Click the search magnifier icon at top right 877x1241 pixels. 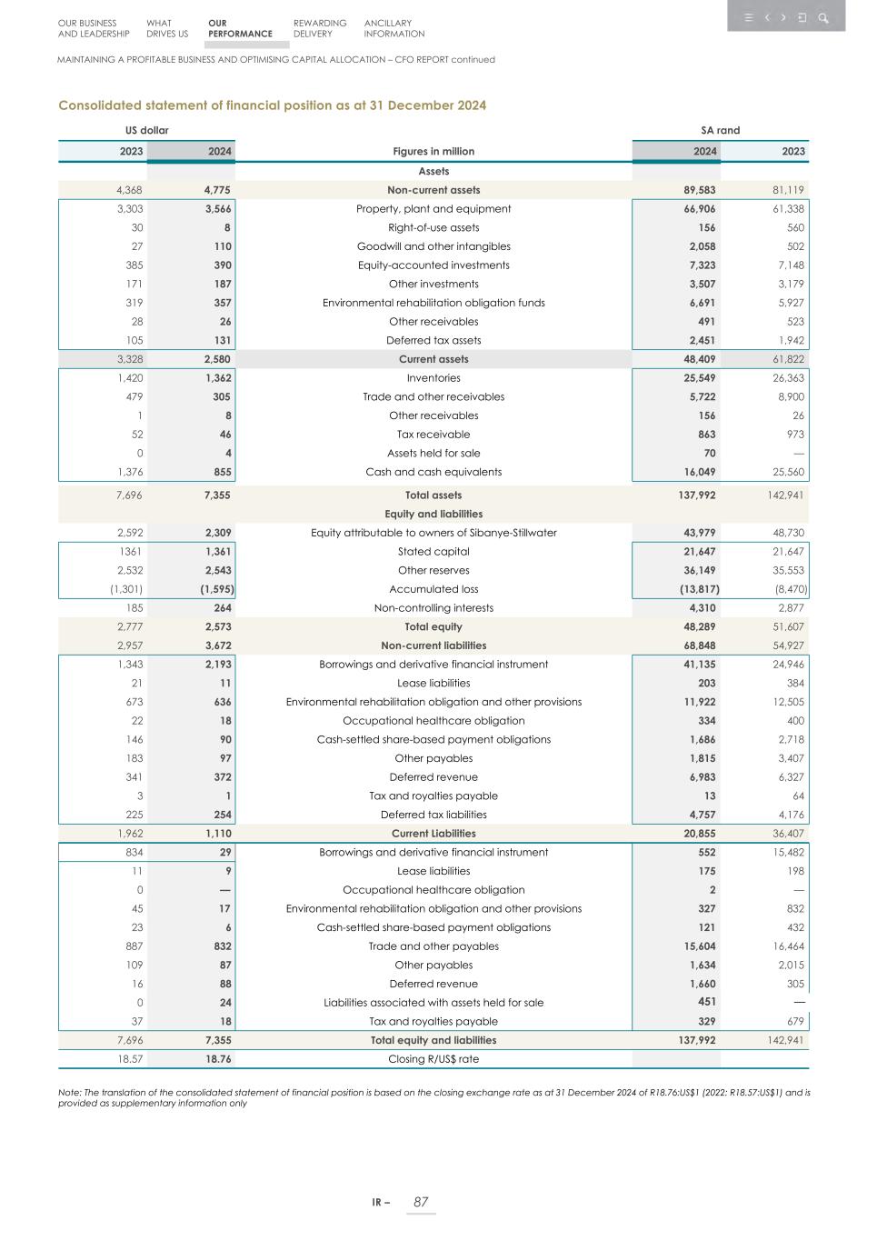point(823,17)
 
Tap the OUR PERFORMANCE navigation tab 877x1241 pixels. point(240,28)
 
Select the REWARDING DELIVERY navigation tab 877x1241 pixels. point(320,28)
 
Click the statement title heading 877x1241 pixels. point(272,105)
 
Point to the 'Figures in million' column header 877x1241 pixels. point(434,152)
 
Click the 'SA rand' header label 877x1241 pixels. point(720,131)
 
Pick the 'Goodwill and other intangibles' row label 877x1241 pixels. point(434,246)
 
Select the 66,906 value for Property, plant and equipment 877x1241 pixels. point(700,209)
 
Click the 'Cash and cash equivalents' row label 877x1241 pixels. point(434,472)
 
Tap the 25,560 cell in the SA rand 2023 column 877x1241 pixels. point(787,472)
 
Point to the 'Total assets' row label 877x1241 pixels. point(434,495)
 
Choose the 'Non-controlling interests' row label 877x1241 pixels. point(434,608)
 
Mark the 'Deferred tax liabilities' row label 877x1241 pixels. point(434,815)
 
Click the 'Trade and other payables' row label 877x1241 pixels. point(434,946)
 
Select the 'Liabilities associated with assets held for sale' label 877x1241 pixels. point(434,1003)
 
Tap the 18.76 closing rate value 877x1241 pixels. point(218,1059)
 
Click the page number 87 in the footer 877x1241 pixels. point(421,1202)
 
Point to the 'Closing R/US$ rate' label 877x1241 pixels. point(434,1059)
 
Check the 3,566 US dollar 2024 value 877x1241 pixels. point(218,209)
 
